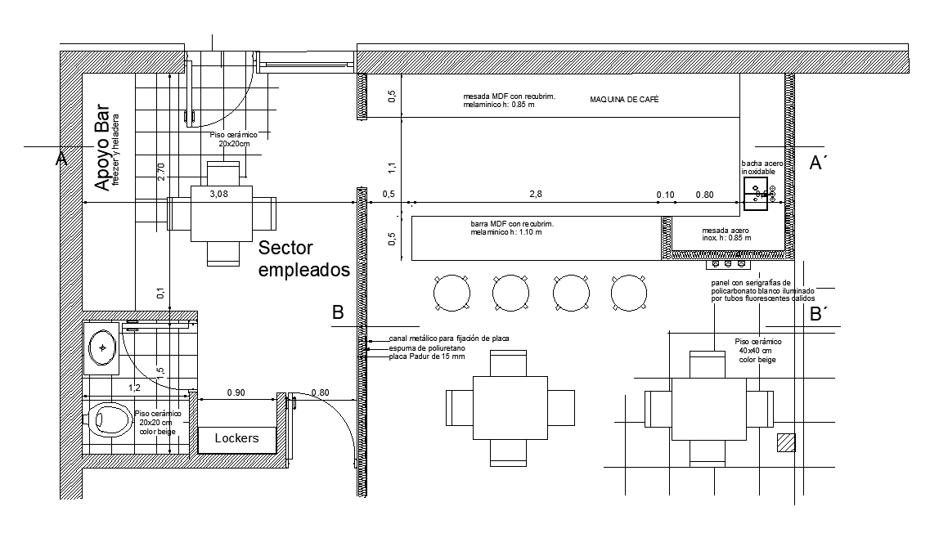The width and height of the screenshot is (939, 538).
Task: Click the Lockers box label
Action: coord(236,438)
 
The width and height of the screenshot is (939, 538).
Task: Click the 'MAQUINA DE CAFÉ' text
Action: coord(624,100)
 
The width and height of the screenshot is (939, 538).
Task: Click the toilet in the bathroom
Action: coord(110,420)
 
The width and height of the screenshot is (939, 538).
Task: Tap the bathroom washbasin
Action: coord(102,348)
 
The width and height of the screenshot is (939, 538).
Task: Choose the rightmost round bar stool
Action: coord(629,291)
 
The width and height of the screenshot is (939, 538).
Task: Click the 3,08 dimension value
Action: coord(218,194)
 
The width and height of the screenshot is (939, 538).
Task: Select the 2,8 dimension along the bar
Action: coord(536,194)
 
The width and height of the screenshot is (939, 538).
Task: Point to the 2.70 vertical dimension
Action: coord(161,172)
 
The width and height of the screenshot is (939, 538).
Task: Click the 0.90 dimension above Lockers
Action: coord(235,392)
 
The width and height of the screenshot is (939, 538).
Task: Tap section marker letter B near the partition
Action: coord(338,312)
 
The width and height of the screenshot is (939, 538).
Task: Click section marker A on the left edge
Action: coord(61,159)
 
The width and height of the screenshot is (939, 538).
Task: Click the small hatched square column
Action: coord(786,442)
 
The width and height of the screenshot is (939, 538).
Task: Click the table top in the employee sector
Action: coord(222,213)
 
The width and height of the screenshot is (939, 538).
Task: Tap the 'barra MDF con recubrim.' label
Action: coord(512,224)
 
